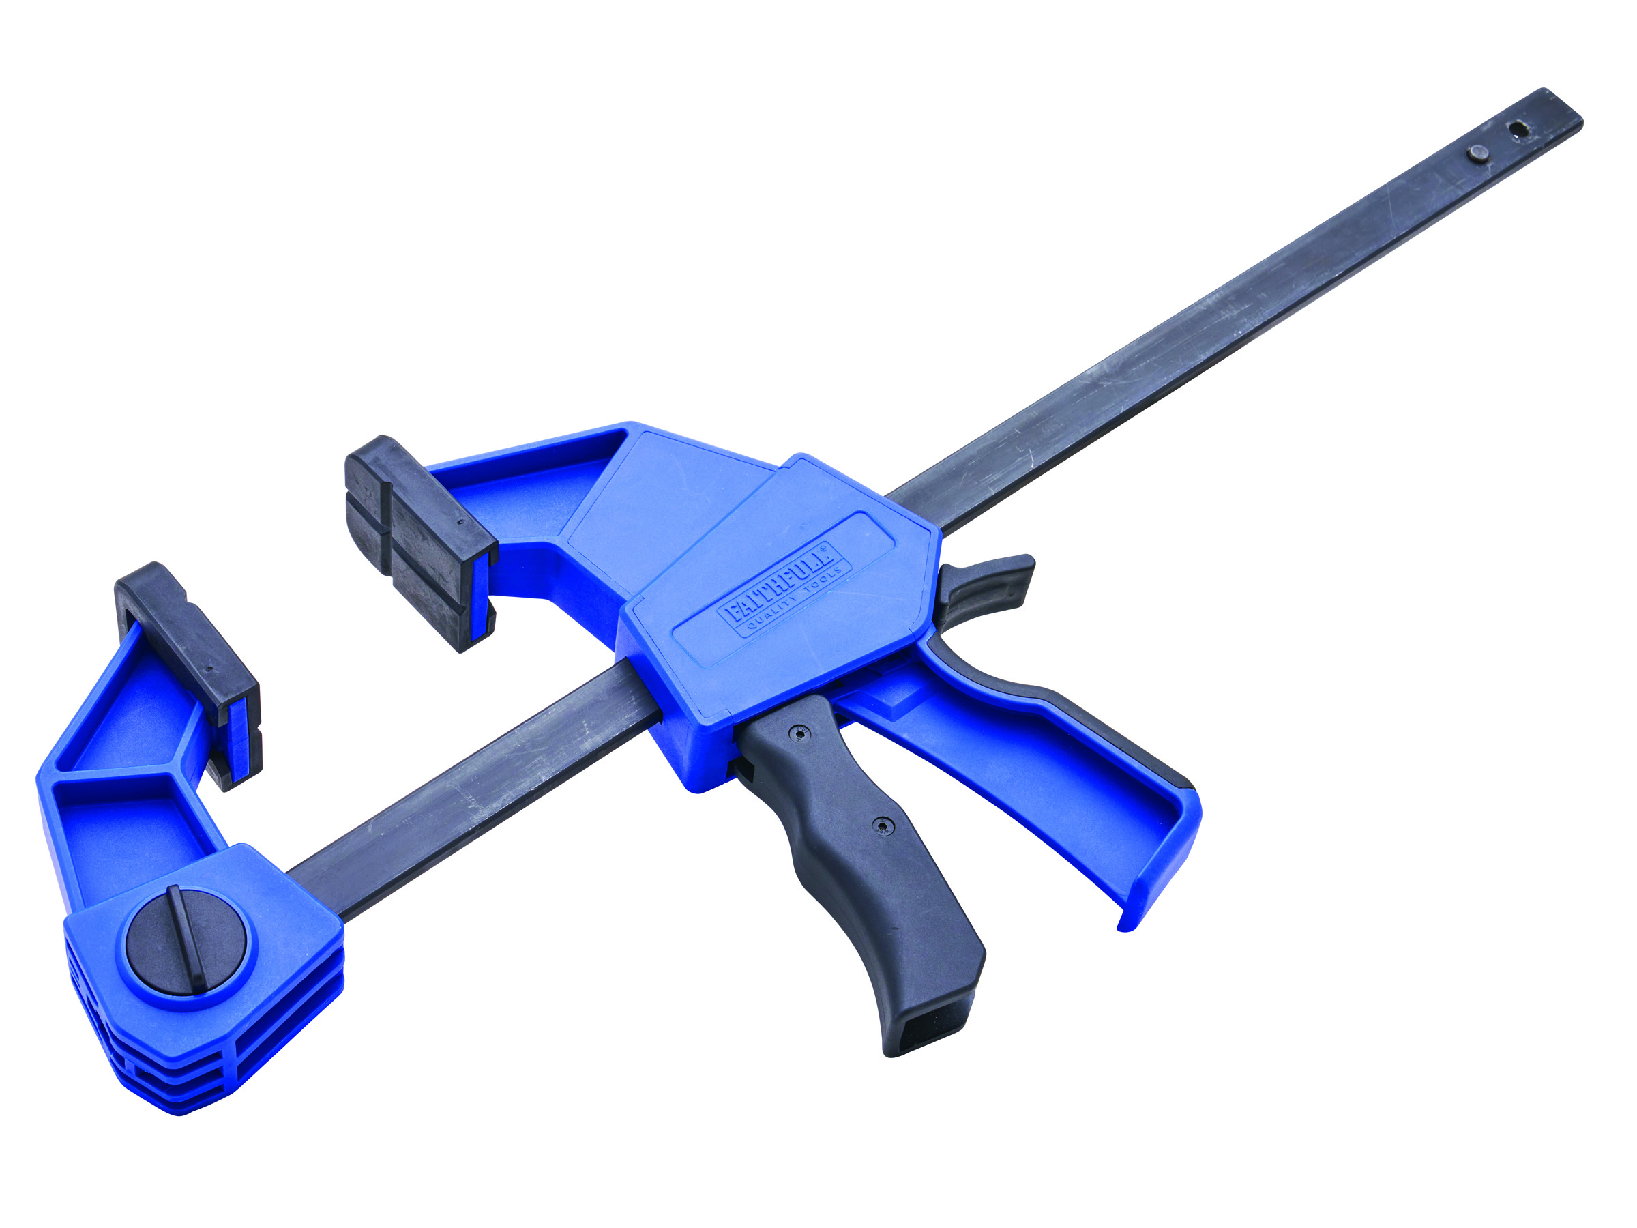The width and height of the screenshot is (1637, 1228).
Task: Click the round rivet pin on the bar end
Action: [1477, 154]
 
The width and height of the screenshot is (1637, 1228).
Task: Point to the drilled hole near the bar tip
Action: [1518, 131]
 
